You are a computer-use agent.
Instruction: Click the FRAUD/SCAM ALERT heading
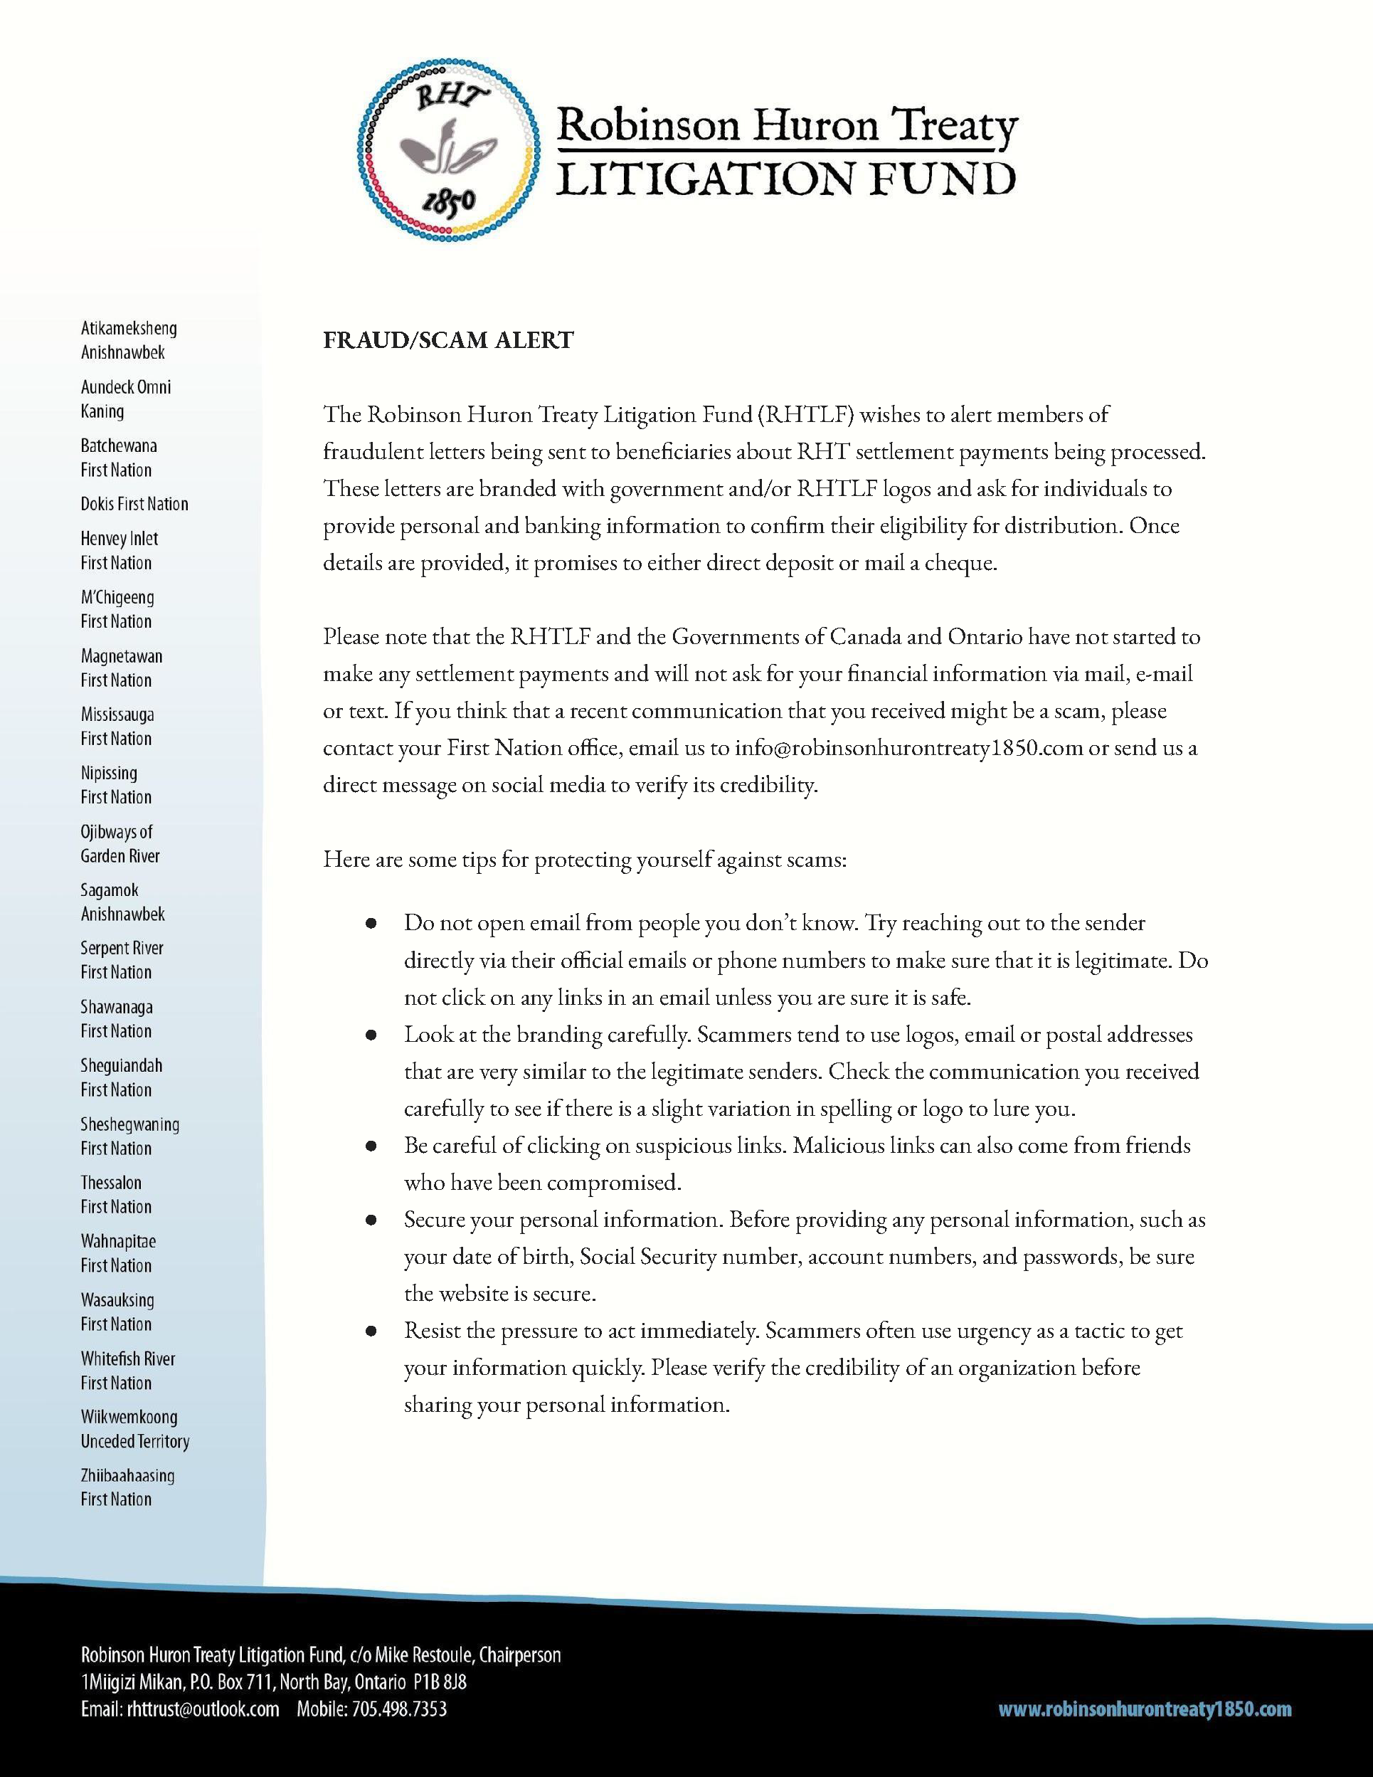pos(448,340)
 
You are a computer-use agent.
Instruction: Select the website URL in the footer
pos(1145,1710)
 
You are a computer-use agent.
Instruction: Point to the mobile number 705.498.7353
pos(399,1709)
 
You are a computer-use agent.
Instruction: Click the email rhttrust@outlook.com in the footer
pos(203,1709)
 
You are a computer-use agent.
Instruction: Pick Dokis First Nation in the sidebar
pos(134,505)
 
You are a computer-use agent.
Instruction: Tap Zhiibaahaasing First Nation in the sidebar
pos(127,1487)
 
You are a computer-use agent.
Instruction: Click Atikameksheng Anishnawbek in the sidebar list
pos(129,340)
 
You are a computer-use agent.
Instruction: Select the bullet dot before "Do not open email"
pos(371,924)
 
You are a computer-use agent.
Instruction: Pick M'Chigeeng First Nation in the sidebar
pos(117,609)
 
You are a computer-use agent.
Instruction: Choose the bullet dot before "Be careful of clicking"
pos(371,1146)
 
